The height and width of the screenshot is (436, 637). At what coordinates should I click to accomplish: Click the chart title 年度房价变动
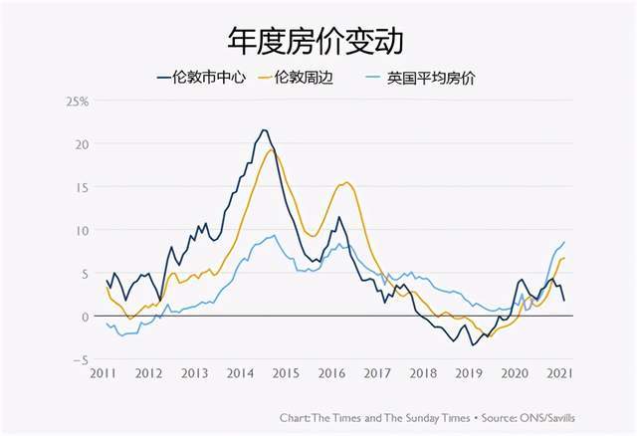click(318, 41)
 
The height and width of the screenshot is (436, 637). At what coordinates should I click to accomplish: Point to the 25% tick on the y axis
click(78, 102)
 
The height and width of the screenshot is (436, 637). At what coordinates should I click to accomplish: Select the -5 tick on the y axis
click(84, 359)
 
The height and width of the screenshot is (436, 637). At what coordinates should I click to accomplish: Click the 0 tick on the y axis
click(87, 316)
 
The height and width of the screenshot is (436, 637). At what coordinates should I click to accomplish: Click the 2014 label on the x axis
click(239, 373)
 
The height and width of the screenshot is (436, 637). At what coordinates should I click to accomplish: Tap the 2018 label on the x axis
click(422, 373)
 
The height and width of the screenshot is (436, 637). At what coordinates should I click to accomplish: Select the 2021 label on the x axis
click(559, 373)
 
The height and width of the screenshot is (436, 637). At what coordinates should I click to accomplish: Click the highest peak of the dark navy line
click(264, 130)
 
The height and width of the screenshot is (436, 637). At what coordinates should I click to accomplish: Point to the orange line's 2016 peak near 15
click(346, 182)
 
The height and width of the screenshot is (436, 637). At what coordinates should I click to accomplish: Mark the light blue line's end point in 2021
click(564, 242)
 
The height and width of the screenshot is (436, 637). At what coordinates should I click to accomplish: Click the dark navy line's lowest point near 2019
click(473, 344)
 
